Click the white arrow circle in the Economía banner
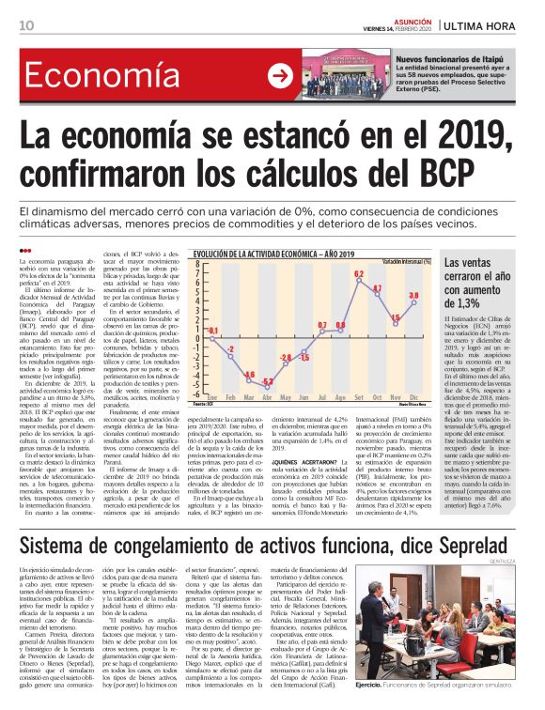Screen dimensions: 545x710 278,76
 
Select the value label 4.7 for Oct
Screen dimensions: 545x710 377,289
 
